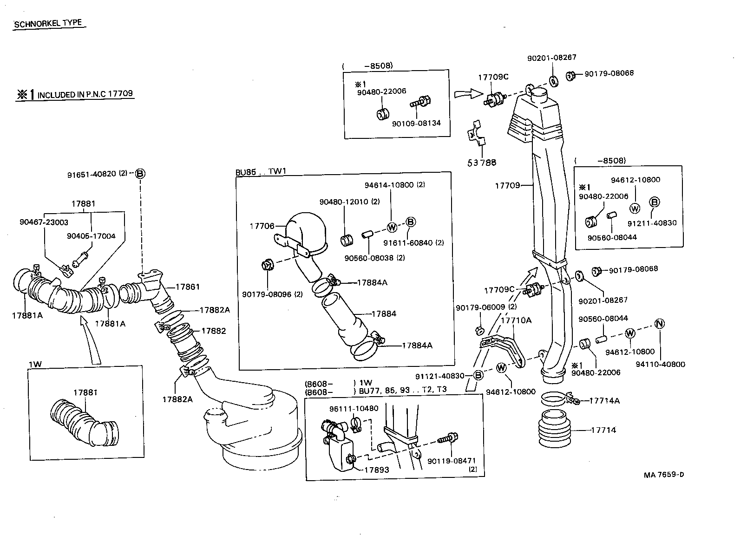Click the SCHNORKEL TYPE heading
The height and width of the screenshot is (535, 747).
48,24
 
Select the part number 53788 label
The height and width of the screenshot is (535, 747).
482,163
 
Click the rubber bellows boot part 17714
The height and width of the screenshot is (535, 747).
555,430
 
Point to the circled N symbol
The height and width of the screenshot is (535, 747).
659,324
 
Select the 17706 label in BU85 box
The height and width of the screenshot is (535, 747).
262,226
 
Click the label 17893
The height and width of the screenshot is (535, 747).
376,470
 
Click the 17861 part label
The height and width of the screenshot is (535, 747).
187,287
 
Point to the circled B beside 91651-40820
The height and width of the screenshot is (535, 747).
140,174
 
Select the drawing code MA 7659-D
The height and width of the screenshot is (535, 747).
664,475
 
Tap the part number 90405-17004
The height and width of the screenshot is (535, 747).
91,235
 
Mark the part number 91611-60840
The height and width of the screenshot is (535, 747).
408,243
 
